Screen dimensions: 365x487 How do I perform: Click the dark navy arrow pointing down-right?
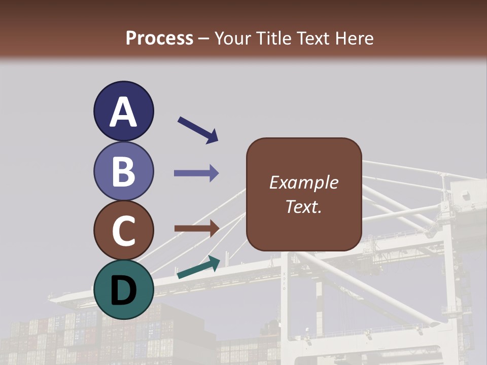click(x=197, y=130)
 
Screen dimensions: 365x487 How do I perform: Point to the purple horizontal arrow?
click(x=196, y=173)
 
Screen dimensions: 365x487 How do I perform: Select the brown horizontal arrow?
click(x=196, y=228)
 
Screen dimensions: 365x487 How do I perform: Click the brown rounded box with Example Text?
click(x=304, y=194)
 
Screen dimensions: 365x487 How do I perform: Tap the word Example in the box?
click(x=304, y=182)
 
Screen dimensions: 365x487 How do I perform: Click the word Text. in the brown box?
click(x=304, y=207)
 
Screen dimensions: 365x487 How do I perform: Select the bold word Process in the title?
click(x=159, y=38)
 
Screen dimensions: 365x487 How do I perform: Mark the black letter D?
click(x=124, y=290)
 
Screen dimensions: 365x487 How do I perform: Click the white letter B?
click(x=124, y=171)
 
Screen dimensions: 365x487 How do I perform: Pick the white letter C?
click(x=124, y=231)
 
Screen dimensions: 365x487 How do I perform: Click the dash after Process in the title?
click(x=204, y=39)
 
